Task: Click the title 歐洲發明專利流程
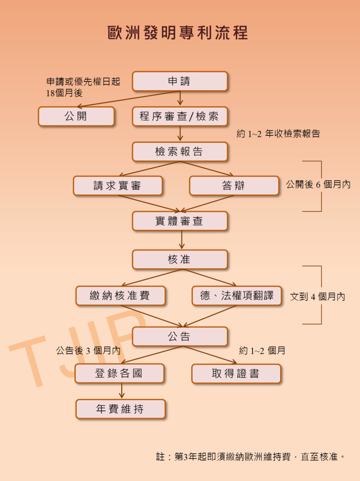click(178, 32)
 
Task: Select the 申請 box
click(180, 81)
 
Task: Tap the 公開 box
click(76, 116)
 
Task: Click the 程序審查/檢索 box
click(180, 116)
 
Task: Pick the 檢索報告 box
click(180, 152)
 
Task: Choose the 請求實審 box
click(118, 186)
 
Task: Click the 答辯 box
click(234, 186)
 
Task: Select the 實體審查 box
click(180, 221)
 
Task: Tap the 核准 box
click(180, 259)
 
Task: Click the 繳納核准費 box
click(121, 296)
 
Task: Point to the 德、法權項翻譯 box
click(236, 296)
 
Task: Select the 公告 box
click(180, 336)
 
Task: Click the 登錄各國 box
click(120, 373)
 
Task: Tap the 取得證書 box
click(236, 373)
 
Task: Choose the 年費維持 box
click(121, 409)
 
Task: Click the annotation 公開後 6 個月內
click(318, 184)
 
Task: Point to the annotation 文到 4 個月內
click(318, 297)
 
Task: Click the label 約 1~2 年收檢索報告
click(278, 134)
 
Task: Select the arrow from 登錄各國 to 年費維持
click(122, 391)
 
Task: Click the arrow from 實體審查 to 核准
click(182, 240)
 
